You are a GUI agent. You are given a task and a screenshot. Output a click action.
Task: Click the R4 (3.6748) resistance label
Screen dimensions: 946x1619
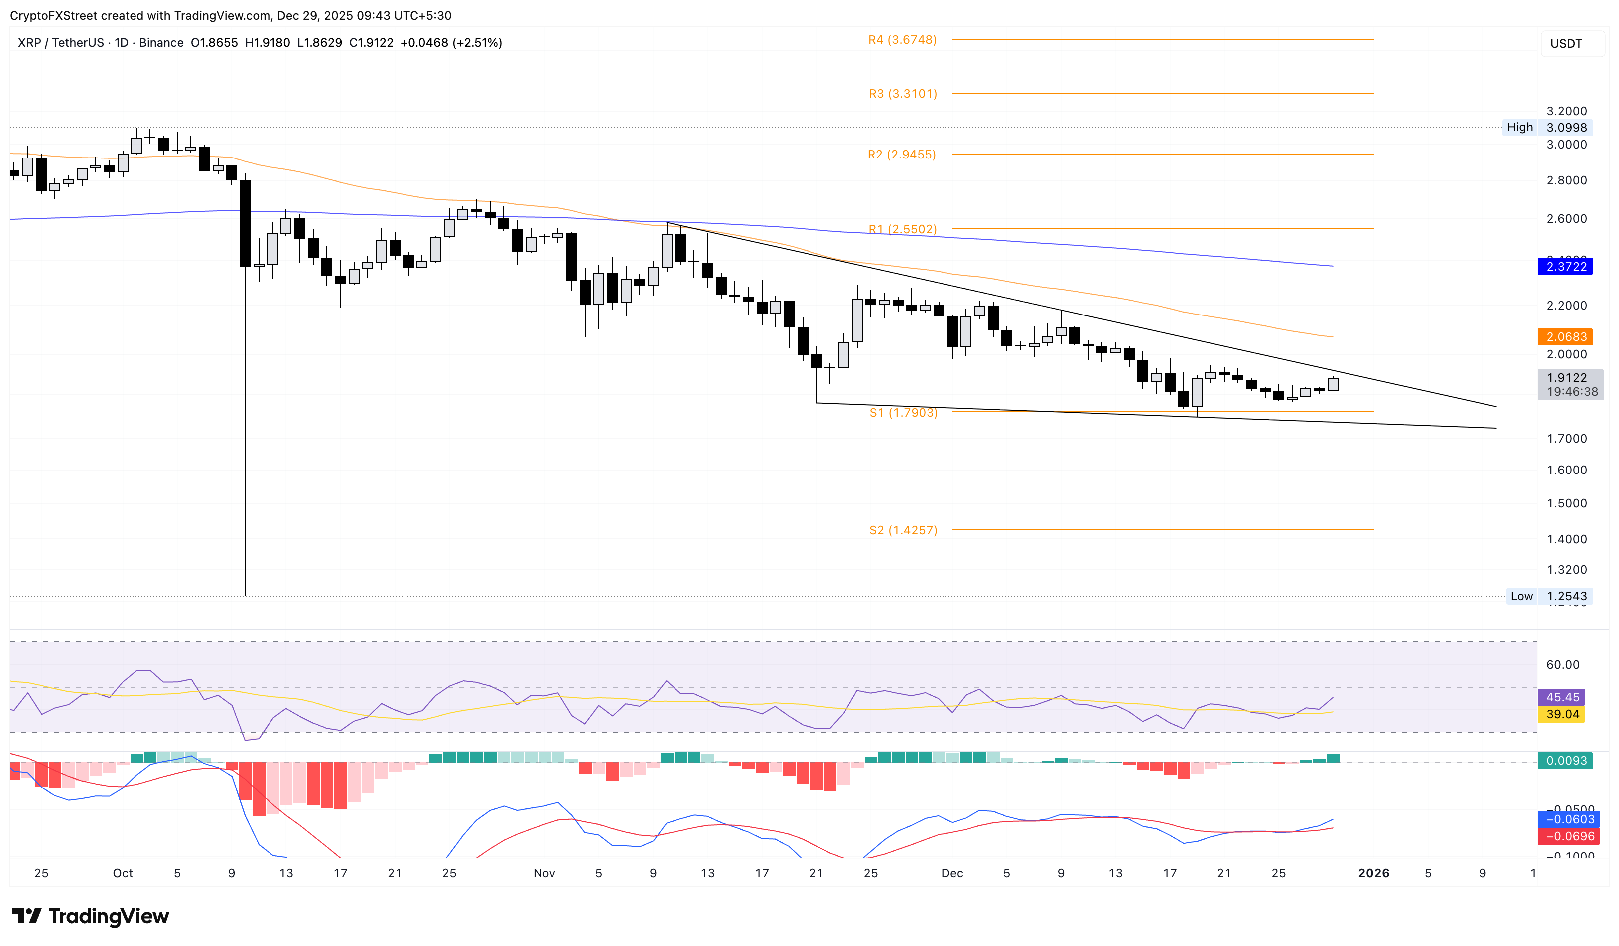coord(902,40)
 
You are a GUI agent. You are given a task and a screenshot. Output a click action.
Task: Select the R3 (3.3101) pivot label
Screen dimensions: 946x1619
coord(903,94)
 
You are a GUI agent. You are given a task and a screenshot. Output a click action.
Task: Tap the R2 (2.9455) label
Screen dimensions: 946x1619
coord(901,154)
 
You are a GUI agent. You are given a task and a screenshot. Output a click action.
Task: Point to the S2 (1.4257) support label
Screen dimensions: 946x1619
coord(903,530)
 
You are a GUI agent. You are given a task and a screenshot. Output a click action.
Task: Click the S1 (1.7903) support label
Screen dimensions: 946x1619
coord(903,413)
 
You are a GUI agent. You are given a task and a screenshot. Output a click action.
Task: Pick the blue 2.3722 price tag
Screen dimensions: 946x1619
coord(1565,266)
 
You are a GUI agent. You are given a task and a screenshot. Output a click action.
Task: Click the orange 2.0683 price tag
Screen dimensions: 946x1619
coord(1565,337)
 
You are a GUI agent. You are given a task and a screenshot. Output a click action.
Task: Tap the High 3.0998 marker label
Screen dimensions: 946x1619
coord(1546,127)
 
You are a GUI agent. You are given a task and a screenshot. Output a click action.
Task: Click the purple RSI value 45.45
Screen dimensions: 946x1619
coord(1562,697)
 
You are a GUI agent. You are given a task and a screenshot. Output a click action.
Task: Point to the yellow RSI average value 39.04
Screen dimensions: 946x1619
coord(1562,714)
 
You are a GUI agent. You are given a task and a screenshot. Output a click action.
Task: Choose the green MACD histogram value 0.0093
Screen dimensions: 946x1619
coord(1565,760)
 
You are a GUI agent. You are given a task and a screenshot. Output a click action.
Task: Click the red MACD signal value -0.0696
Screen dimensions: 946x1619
coord(1565,836)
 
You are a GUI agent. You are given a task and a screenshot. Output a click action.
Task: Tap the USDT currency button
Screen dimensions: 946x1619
coord(1566,44)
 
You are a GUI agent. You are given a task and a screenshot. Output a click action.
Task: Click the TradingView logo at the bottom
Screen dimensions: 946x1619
coord(91,916)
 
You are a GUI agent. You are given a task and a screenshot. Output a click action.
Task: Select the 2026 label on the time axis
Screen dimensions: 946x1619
coord(1373,873)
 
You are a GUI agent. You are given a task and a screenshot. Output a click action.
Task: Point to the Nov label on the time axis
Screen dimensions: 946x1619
coord(544,873)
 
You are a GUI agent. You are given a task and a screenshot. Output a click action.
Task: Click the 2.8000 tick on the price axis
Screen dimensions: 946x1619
coord(1566,180)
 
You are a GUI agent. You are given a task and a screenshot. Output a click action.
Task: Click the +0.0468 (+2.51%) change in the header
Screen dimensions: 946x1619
coord(451,43)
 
